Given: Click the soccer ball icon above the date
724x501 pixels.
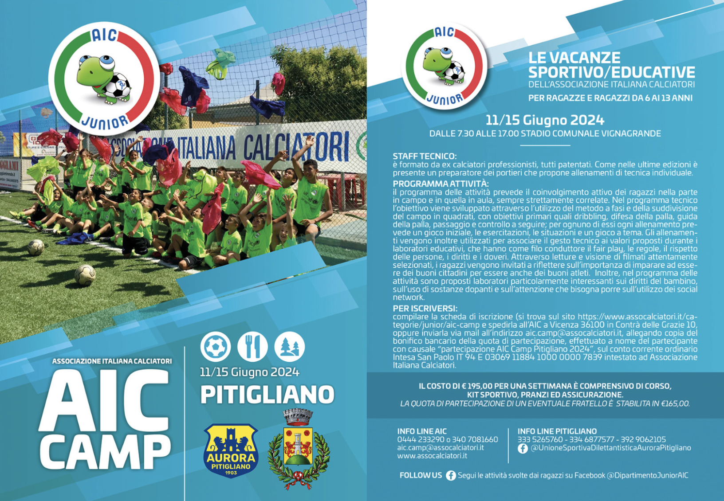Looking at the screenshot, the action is coord(215,347).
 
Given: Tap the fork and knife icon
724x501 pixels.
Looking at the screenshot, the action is coord(252,347).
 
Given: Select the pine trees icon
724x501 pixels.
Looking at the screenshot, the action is coord(289,347).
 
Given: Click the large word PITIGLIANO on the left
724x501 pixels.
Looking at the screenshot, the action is coord(268,395).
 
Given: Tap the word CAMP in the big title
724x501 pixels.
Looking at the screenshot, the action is coord(105,450).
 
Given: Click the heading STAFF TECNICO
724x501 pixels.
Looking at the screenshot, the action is coord(425,157).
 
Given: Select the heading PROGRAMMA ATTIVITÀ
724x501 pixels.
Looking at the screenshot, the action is coord(441,184).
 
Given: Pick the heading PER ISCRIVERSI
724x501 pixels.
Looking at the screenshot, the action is coord(425,308).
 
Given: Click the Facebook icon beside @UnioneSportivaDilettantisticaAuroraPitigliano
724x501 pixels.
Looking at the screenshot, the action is coord(523,449).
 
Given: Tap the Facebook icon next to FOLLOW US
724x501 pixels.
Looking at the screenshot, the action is coord(451,475).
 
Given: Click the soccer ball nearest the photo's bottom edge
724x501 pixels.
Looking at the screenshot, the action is coord(85,275).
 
